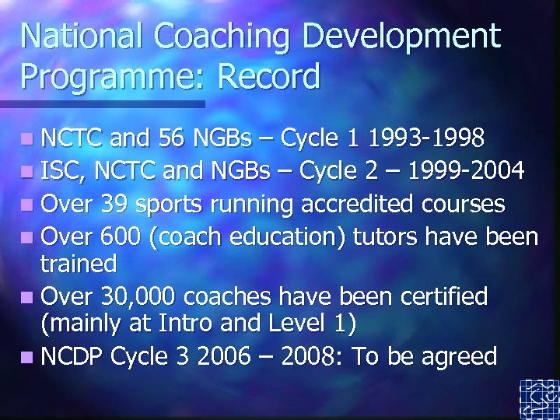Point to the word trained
click(78, 264)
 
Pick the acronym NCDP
click(73, 356)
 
